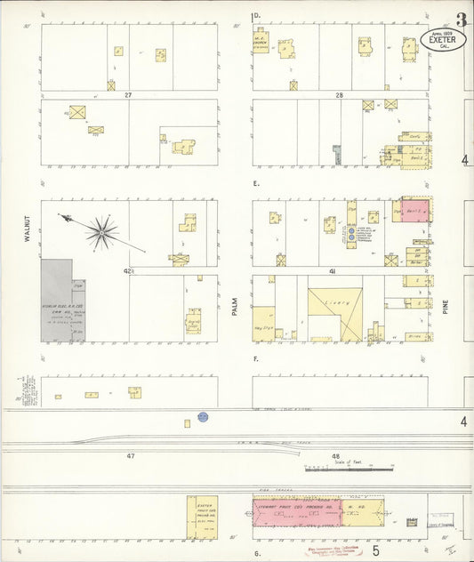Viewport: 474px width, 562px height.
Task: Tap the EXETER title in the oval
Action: [442, 39]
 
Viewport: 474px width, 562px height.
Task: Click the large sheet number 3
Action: [460, 19]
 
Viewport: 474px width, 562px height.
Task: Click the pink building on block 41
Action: [415, 212]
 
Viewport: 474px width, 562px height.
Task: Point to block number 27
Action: [128, 94]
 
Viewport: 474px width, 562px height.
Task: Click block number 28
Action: [339, 94]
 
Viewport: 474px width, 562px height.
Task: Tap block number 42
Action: [128, 269]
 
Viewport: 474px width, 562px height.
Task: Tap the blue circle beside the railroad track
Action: [203, 416]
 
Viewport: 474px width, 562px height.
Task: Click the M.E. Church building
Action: [261, 41]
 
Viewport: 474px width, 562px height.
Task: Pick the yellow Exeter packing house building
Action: [202, 516]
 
